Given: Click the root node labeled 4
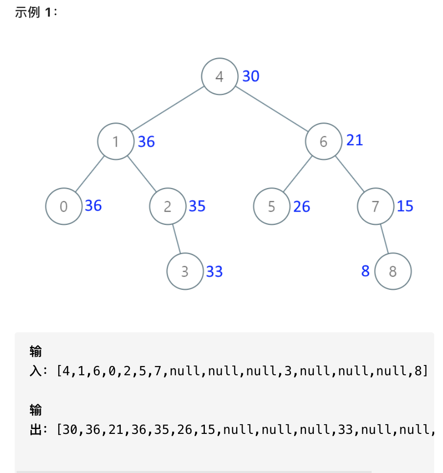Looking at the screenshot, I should point(220,76).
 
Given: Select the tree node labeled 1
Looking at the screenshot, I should point(115,142).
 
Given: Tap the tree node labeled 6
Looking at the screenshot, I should point(324,142).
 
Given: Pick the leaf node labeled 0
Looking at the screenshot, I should point(64,206).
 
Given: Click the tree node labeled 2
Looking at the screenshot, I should point(168,206).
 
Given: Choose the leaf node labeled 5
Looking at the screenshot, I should point(272,206).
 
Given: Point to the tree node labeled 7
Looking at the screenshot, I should point(376,206).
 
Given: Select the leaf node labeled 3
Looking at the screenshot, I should point(185,271).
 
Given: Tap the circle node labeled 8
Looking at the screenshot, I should point(393,271).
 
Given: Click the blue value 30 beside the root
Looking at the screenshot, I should point(251,76).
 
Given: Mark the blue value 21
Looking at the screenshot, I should point(354,140).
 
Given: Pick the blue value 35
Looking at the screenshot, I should point(197,206).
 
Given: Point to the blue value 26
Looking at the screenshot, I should point(302,207).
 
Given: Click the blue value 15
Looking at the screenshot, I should point(405,206).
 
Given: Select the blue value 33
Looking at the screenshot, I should point(215,271).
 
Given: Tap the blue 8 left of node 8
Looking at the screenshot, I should point(365,271).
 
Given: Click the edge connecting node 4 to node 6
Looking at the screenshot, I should point(271,108).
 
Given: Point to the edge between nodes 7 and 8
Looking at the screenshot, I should point(384,238).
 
